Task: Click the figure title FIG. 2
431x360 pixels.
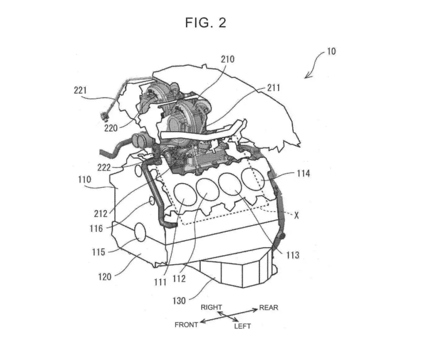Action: [x=205, y=22]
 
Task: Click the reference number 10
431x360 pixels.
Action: [x=331, y=51]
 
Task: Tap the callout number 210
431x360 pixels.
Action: [x=227, y=59]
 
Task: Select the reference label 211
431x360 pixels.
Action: [x=274, y=88]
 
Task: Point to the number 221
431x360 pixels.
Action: [x=80, y=90]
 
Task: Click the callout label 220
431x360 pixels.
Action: [x=111, y=128]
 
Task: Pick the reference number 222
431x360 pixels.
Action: [x=104, y=167]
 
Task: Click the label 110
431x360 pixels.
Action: [x=84, y=180]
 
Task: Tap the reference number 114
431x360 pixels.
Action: [x=303, y=174]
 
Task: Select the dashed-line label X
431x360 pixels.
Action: [x=296, y=216]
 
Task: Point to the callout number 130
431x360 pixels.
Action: [x=179, y=300]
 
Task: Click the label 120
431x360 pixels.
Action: [x=105, y=277]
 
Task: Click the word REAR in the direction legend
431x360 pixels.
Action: [x=269, y=307]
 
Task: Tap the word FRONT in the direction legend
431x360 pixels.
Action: [x=186, y=325]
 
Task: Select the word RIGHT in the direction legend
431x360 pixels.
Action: [x=211, y=307]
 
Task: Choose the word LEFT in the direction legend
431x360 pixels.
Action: [x=242, y=326]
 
